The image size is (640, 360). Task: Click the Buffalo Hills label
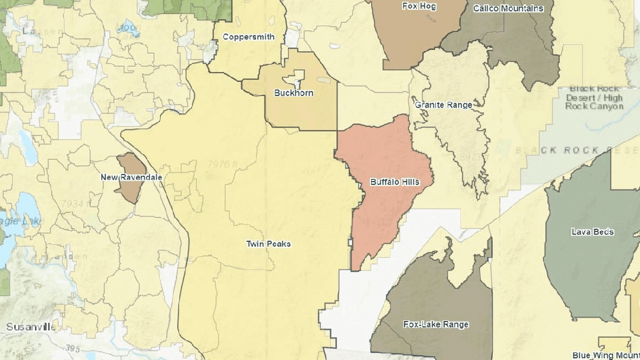coord(394,182)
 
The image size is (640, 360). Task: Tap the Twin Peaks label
coord(268,244)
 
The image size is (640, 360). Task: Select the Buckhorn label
coord(294,93)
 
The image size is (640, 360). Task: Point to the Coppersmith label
coord(248,37)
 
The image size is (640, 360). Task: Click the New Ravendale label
coord(131,177)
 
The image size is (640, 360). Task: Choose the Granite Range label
coord(443,105)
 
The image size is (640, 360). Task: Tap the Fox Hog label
coord(419,6)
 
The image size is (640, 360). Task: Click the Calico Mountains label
coord(508,8)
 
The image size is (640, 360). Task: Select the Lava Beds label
coord(592,232)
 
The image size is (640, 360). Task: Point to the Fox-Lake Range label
coord(436,325)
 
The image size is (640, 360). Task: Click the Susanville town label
coord(30,327)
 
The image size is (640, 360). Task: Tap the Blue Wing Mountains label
coord(606,355)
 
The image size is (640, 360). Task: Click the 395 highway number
coord(73,348)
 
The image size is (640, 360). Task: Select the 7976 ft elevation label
coord(222,165)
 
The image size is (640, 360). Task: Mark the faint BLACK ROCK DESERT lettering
coord(576,150)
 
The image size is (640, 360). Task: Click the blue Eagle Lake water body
coord(12,221)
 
